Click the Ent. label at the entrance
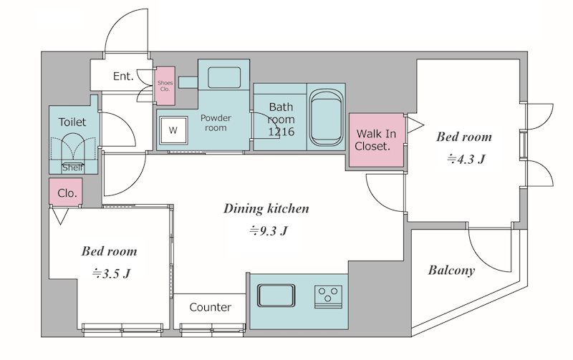coord(123,77)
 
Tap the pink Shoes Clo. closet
coord(165,86)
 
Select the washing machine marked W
coord(173,130)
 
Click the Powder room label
coord(216,123)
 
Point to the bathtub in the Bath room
coord(327,117)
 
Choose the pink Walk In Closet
coord(377,140)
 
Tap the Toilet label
coord(72,122)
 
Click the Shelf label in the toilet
coord(73,168)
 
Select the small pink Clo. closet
coord(66,192)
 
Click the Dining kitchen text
coord(266,209)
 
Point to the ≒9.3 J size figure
coord(269,230)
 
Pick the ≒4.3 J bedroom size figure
coord(466,159)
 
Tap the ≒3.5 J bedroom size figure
coord(112,273)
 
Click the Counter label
coord(210,308)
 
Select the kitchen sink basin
coord(276,296)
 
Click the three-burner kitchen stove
coord(328,296)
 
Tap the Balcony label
coord(451,271)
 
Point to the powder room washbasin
coord(224,78)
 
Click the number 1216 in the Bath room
coord(281,132)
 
